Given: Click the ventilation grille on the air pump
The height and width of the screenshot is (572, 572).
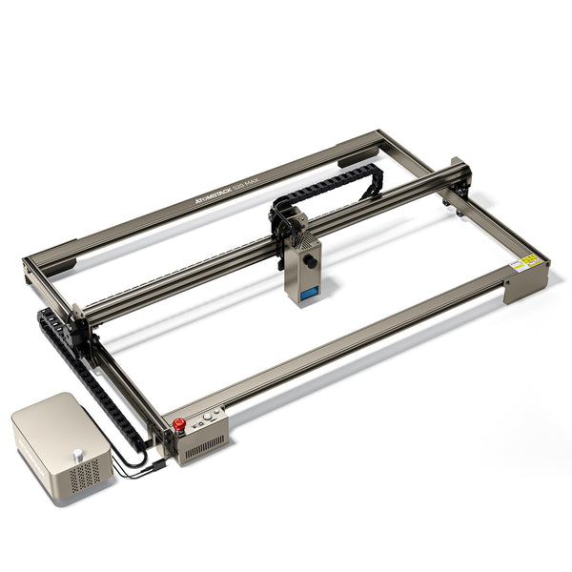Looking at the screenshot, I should pyautogui.click(x=84, y=473).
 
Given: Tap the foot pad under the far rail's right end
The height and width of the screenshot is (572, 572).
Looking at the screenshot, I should pyautogui.click(x=357, y=159).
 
